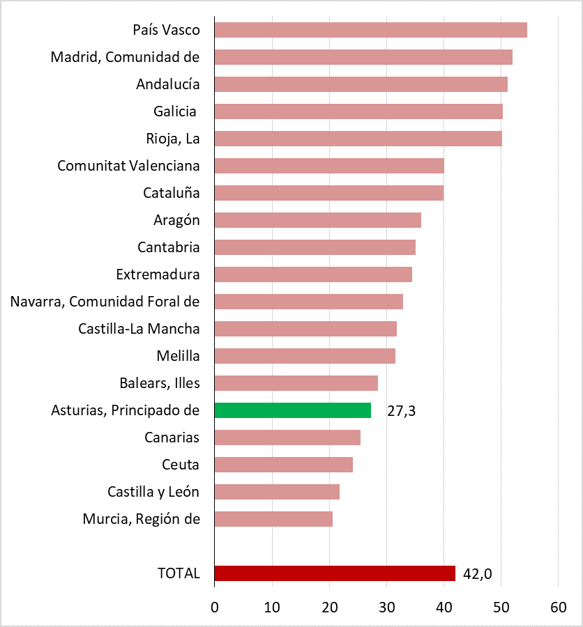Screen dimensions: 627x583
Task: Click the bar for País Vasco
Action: pos(370,30)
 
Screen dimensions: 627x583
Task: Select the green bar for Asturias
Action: pos(293,410)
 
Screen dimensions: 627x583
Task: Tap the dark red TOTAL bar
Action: pos(335,573)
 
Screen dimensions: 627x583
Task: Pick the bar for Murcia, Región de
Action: pos(273,519)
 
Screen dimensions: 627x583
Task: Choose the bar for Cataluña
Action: pos(328,193)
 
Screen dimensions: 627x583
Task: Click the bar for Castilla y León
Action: pos(277,492)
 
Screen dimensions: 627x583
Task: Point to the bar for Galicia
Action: pos(358,111)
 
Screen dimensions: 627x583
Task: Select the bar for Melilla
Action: pos(305,356)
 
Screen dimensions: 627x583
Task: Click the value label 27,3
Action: pos(402,411)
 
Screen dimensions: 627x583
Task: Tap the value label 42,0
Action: pos(478,574)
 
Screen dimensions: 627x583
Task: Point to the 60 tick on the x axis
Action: pos(558,607)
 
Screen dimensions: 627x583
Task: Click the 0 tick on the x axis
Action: pos(215,607)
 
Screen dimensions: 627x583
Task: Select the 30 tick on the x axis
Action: pos(386,607)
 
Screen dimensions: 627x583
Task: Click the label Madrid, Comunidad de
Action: pos(126,57)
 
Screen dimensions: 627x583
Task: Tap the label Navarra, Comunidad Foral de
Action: pos(105,302)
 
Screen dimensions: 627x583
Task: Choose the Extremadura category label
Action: pos(158,274)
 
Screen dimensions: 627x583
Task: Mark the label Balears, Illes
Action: pos(160,383)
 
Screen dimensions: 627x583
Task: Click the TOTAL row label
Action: pos(179,573)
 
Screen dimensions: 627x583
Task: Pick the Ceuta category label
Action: pos(180,465)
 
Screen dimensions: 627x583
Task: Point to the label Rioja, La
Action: pos(173,139)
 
